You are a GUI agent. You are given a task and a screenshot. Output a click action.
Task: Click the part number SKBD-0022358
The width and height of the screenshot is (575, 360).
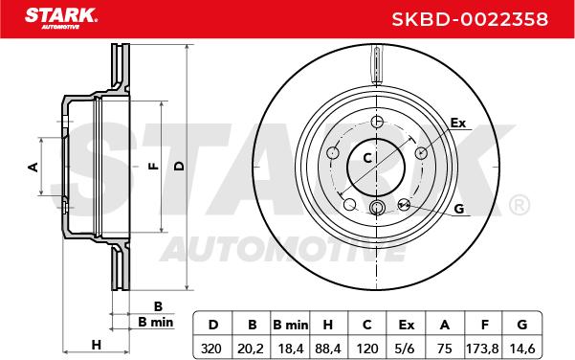click(x=470, y=19)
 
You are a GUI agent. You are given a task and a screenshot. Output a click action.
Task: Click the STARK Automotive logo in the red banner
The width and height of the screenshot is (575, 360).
click(x=61, y=18)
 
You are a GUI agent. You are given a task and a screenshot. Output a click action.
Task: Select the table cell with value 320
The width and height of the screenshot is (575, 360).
click(x=211, y=349)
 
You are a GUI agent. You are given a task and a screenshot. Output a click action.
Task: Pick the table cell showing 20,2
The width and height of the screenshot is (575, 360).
click(x=251, y=349)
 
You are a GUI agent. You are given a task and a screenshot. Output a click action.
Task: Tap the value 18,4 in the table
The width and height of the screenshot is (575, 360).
click(x=291, y=349)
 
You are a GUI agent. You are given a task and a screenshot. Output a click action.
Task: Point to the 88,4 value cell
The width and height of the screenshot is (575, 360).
click(x=328, y=349)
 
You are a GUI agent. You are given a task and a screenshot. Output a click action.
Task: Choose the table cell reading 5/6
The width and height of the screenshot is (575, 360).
click(x=406, y=349)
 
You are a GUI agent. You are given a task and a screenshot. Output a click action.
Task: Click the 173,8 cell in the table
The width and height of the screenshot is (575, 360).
click(x=482, y=349)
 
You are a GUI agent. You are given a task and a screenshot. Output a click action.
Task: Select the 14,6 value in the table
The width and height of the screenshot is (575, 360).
click(x=521, y=349)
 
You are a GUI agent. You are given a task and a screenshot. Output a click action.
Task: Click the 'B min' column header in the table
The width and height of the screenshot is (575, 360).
click(x=291, y=325)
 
